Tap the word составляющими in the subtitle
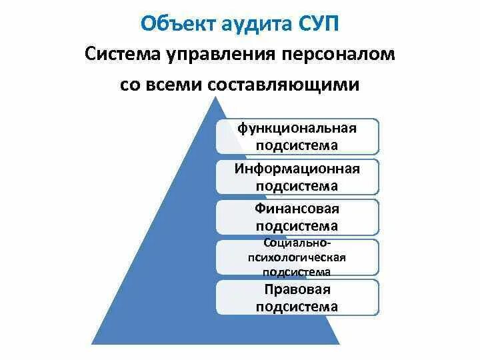point(282,85)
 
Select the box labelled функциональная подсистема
point(297,136)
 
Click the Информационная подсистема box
point(297,177)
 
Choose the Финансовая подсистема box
point(297,217)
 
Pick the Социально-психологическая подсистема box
point(297,257)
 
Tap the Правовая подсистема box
point(297,297)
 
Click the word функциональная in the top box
point(297,128)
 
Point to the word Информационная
point(297,169)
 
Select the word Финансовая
point(297,209)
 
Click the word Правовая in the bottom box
point(297,289)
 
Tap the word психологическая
point(297,257)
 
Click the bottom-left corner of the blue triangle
point(92,344)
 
